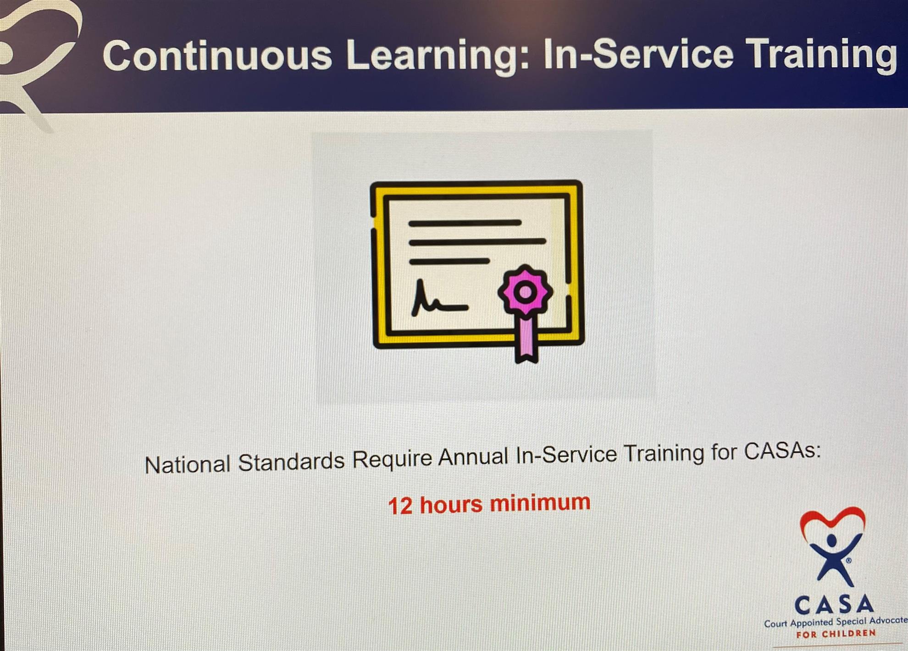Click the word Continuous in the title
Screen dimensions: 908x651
click(217, 55)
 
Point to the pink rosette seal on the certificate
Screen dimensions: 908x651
click(526, 292)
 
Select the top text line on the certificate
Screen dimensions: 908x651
click(465, 223)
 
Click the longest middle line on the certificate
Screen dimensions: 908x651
click(477, 241)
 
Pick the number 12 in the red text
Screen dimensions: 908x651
click(400, 506)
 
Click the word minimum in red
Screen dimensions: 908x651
click(540, 502)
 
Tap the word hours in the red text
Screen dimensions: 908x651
click(451, 504)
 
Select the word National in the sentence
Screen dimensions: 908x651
click(187, 465)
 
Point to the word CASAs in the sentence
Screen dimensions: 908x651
click(782, 450)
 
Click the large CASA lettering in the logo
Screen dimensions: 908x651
click(834, 605)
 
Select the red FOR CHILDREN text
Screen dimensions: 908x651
click(836, 634)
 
